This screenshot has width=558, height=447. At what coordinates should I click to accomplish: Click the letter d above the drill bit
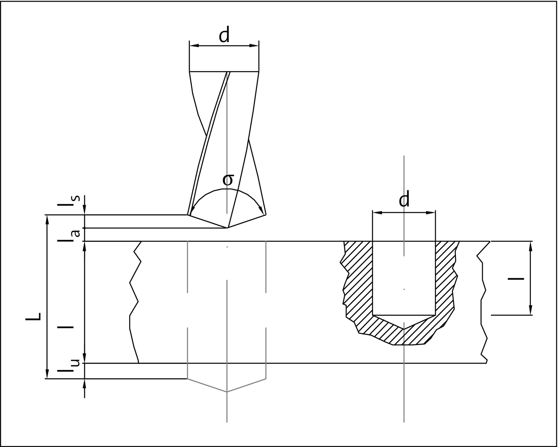[224, 35]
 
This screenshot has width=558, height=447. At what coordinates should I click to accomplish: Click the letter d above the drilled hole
[404, 199]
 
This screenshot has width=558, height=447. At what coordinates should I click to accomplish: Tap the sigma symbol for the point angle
[228, 180]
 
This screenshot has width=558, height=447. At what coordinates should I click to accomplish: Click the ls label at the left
[69, 201]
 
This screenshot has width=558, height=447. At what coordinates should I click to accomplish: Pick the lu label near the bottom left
[69, 366]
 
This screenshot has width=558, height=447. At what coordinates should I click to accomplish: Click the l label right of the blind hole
[516, 279]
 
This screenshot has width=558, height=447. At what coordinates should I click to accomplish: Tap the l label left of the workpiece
[66, 327]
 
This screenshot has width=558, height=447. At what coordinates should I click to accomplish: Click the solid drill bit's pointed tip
[227, 228]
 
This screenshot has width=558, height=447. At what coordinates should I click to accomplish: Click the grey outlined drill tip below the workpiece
[227, 392]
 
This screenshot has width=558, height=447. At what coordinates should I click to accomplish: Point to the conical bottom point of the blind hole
[404, 329]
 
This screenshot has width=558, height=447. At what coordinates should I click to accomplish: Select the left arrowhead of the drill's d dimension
[194, 46]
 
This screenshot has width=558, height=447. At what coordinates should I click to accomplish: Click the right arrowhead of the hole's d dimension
[431, 213]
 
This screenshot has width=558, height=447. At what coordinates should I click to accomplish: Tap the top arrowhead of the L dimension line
[47, 220]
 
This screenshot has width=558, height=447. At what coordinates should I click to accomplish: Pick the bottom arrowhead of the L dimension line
[47, 374]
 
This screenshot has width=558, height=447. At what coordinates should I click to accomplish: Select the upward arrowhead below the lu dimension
[84, 384]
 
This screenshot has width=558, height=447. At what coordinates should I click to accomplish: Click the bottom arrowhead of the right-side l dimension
[530, 310]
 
